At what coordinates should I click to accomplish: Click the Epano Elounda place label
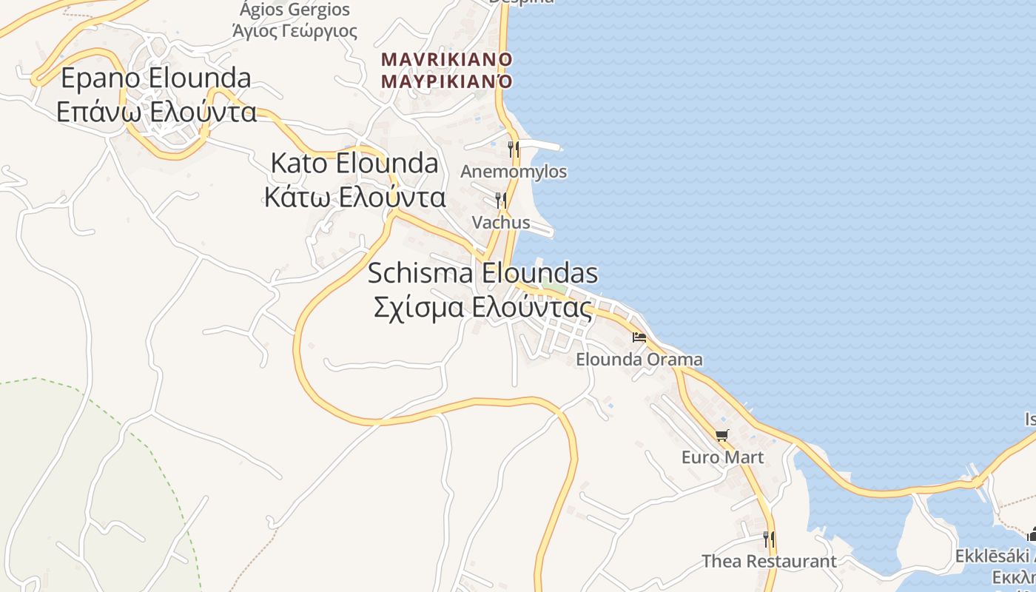tap(156, 78)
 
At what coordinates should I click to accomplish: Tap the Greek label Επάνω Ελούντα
tap(156, 112)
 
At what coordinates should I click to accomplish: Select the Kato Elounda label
tap(354, 164)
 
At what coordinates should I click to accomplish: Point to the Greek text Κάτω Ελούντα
tap(354, 198)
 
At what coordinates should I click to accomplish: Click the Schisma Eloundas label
tap(482, 273)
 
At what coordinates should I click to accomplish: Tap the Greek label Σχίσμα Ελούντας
tap(482, 307)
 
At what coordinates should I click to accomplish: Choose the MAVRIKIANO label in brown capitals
tap(446, 59)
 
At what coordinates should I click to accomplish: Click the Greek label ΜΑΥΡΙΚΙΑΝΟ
tap(446, 81)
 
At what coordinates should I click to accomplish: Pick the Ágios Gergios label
tap(295, 10)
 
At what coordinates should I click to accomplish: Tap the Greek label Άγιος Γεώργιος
tap(295, 31)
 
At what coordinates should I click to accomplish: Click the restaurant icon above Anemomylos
tap(513, 149)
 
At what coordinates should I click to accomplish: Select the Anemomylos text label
tap(514, 172)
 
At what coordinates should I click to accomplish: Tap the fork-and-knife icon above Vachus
tap(501, 201)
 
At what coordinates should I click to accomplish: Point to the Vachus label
tap(501, 223)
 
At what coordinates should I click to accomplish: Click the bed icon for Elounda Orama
tap(639, 337)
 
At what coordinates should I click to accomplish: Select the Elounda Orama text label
tap(639, 360)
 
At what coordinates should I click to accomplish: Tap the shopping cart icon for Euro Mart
tap(721, 435)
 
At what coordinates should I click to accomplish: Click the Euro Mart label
tap(722, 457)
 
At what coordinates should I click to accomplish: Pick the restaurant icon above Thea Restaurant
tap(769, 539)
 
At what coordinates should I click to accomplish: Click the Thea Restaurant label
tap(769, 562)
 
